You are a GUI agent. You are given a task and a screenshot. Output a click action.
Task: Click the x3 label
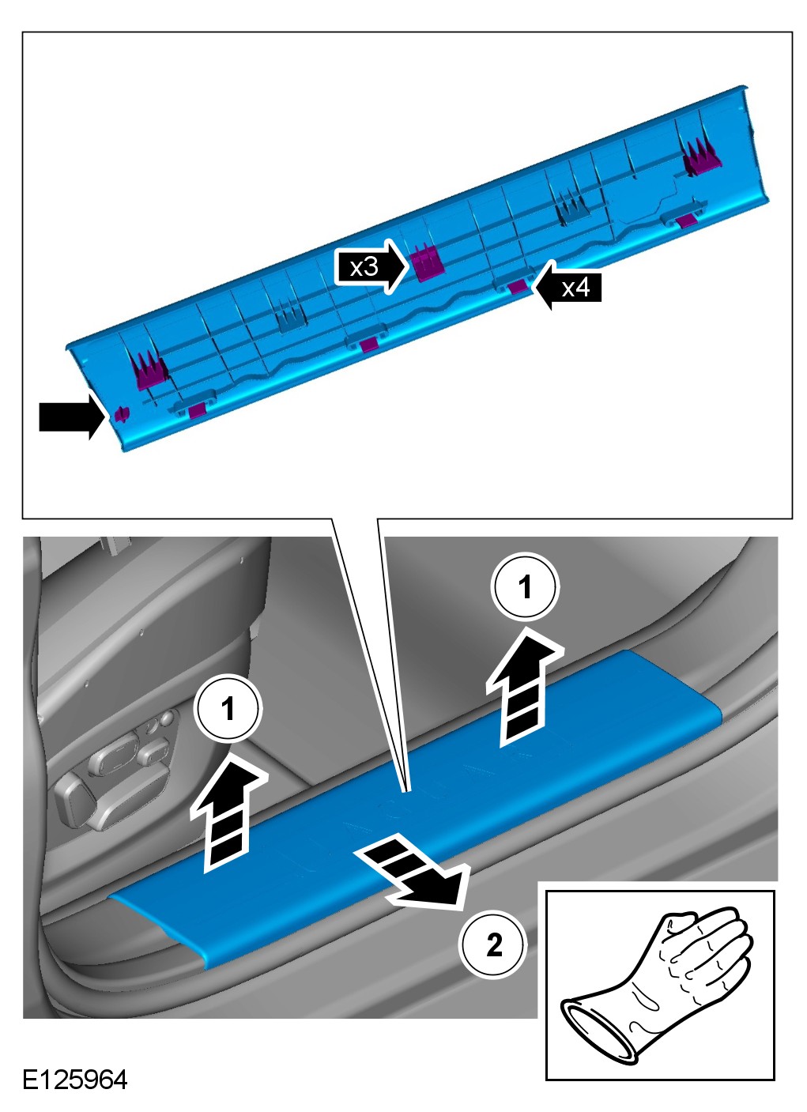[364, 268]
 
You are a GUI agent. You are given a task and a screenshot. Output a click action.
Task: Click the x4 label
[575, 288]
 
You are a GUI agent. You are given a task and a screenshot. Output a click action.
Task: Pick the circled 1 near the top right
[526, 586]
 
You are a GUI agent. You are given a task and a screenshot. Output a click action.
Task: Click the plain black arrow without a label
[72, 417]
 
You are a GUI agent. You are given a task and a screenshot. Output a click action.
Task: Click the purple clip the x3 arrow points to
[427, 263]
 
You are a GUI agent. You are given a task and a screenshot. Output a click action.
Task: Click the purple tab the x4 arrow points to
[518, 286]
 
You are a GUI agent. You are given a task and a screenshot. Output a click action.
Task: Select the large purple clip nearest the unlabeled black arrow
[150, 369]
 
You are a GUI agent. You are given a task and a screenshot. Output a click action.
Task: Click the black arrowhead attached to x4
[545, 287]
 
